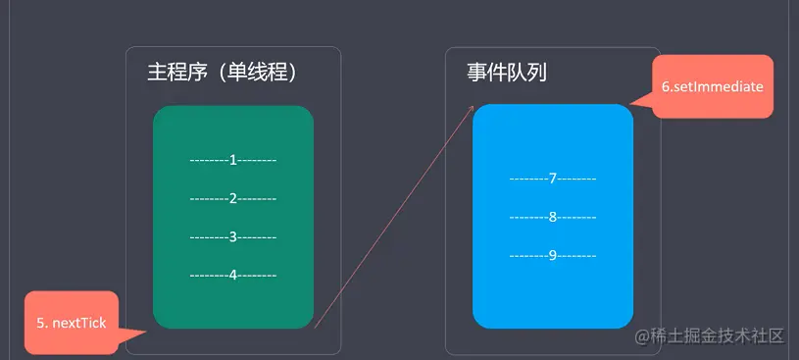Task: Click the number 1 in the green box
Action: pyautogui.click(x=233, y=159)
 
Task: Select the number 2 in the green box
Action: pyautogui.click(x=233, y=197)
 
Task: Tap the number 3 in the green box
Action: pyautogui.click(x=233, y=236)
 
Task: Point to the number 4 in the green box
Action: pyautogui.click(x=233, y=275)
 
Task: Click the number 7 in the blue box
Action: pyautogui.click(x=553, y=178)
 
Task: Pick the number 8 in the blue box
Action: pyautogui.click(x=553, y=217)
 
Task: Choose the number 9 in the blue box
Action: pyautogui.click(x=553, y=255)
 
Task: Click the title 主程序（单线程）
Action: pyautogui.click(x=222, y=73)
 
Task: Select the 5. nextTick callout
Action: pyautogui.click(x=72, y=323)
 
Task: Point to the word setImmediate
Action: pyautogui.click(x=719, y=86)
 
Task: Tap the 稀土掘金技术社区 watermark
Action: pyautogui.click(x=710, y=336)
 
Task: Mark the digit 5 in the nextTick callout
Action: pyautogui.click(x=41, y=323)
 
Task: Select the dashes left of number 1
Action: pyautogui.click(x=209, y=159)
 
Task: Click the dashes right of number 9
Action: pyautogui.click(x=577, y=255)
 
